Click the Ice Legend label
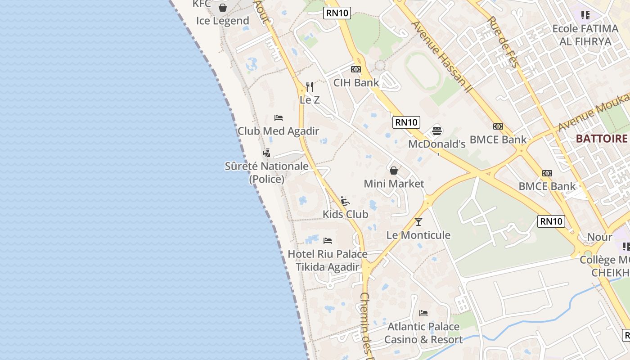click(223, 21)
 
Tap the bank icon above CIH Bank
click(356, 69)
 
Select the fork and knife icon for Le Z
click(310, 86)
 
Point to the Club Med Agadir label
click(278, 131)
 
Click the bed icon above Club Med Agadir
click(279, 118)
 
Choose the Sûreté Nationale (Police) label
click(267, 172)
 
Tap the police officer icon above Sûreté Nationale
click(267, 153)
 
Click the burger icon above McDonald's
click(437, 131)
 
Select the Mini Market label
click(394, 184)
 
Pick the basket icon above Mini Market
click(394, 171)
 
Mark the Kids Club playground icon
click(345, 201)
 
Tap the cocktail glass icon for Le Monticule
click(418, 221)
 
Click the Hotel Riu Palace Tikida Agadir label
click(328, 261)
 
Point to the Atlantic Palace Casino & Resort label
click(423, 333)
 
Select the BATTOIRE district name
click(602, 139)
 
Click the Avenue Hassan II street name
click(441, 57)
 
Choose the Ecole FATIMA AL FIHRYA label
click(585, 35)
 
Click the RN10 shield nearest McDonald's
click(406, 122)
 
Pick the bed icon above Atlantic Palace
click(423, 313)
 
